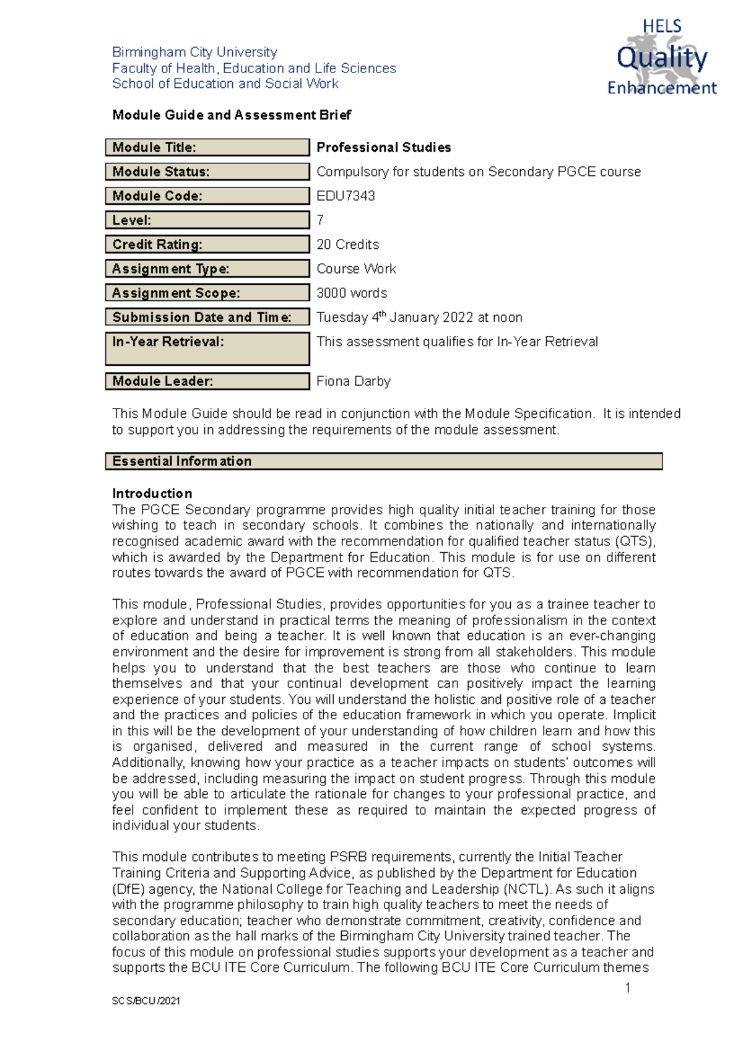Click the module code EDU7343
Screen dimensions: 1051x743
click(345, 196)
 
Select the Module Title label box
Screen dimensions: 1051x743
click(207, 147)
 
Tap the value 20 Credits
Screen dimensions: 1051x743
click(347, 244)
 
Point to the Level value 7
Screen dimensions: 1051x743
click(320, 220)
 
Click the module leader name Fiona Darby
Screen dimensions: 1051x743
click(353, 381)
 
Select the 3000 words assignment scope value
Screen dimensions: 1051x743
click(352, 293)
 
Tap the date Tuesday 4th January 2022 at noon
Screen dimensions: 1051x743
click(419, 318)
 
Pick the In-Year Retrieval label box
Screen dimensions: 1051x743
click(207, 348)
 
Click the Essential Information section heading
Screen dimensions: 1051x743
click(383, 461)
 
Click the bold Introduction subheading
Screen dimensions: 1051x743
click(152, 493)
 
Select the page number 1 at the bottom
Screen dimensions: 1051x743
click(627, 988)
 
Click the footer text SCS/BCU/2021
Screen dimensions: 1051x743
click(146, 1001)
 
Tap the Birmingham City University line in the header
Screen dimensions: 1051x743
click(194, 52)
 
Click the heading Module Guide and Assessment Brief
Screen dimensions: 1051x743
click(232, 115)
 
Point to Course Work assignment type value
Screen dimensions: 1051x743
click(356, 269)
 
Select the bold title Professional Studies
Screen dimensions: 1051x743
click(383, 147)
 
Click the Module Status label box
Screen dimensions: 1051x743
click(207, 171)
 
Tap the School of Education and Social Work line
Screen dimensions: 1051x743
click(225, 84)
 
